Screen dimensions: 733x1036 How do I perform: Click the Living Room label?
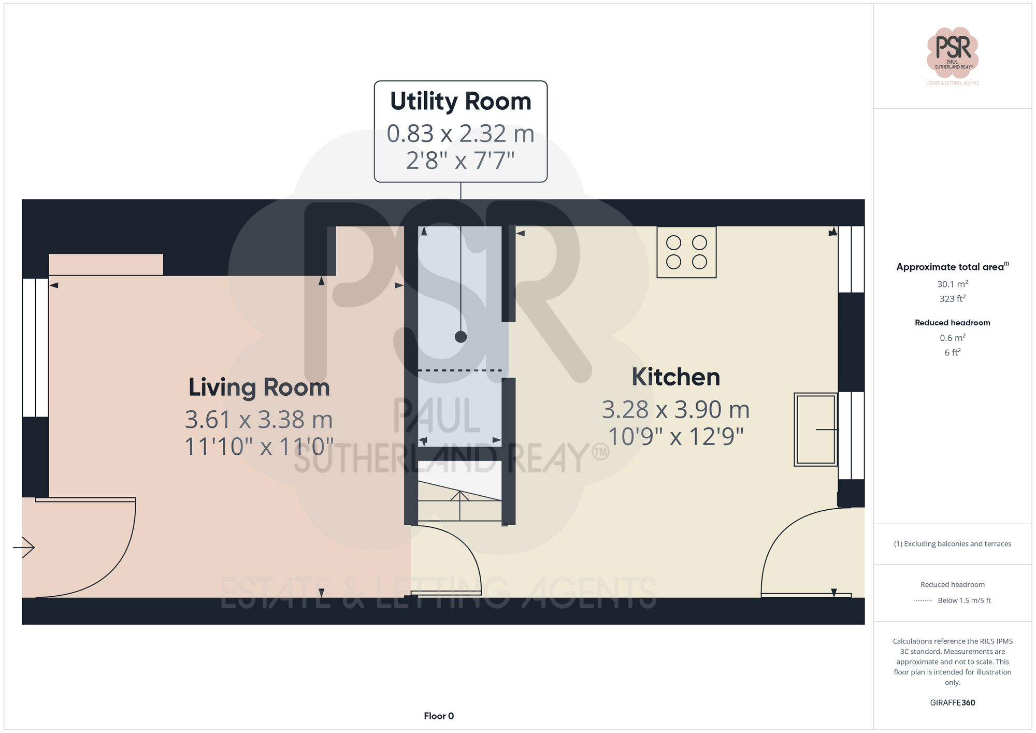pos(259,387)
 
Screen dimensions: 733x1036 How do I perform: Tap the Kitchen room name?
pos(675,377)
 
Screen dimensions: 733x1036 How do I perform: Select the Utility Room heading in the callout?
pos(461,101)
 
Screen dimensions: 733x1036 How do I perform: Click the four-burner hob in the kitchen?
pos(686,252)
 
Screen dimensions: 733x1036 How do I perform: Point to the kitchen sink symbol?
pos(816,429)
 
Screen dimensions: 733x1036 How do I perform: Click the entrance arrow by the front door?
pos(24,547)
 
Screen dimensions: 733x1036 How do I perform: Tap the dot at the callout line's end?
pos(461,337)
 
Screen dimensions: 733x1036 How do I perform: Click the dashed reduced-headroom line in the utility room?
pos(459,370)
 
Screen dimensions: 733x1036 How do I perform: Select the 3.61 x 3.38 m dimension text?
pos(259,420)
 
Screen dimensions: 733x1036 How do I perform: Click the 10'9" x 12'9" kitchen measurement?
pos(675,437)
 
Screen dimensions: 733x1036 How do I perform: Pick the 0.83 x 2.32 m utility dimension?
pos(461,134)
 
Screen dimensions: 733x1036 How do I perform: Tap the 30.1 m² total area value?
pos(953,284)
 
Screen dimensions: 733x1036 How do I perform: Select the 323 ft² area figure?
pos(953,299)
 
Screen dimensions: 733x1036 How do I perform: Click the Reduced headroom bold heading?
pos(952,323)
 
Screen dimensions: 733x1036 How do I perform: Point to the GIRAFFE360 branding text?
pos(952,703)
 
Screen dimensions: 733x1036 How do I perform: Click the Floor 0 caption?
pos(439,716)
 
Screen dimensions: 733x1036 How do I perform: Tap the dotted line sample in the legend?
pos(923,601)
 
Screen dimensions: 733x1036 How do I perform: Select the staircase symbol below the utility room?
pos(459,501)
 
